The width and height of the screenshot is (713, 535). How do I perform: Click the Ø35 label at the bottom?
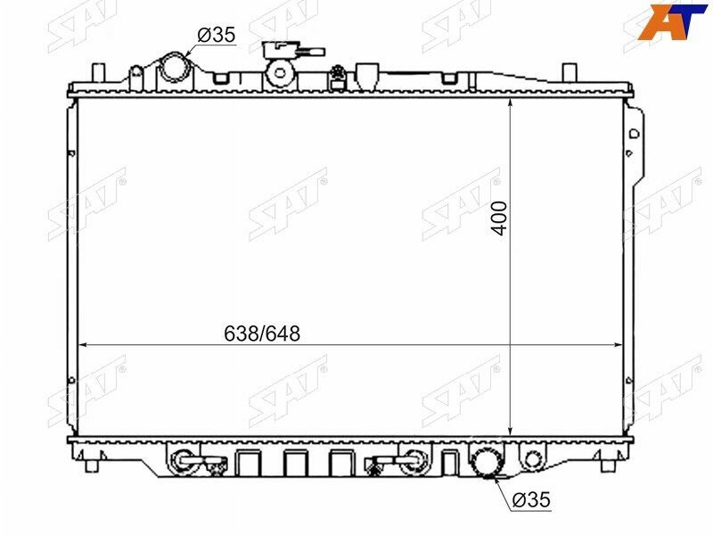pos(531,501)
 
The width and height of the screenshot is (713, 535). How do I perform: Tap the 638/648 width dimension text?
pos(262,333)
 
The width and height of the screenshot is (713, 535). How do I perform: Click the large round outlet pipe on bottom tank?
pos(487,462)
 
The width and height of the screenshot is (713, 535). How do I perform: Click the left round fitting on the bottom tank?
pos(182,461)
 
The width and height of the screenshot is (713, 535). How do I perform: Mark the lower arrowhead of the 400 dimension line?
pos(509,432)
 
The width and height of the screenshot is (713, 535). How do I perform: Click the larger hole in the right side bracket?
pos(634,133)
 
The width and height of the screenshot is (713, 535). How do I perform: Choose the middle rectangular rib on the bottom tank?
pos(295,462)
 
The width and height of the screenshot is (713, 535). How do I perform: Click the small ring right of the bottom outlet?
pos(532,461)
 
